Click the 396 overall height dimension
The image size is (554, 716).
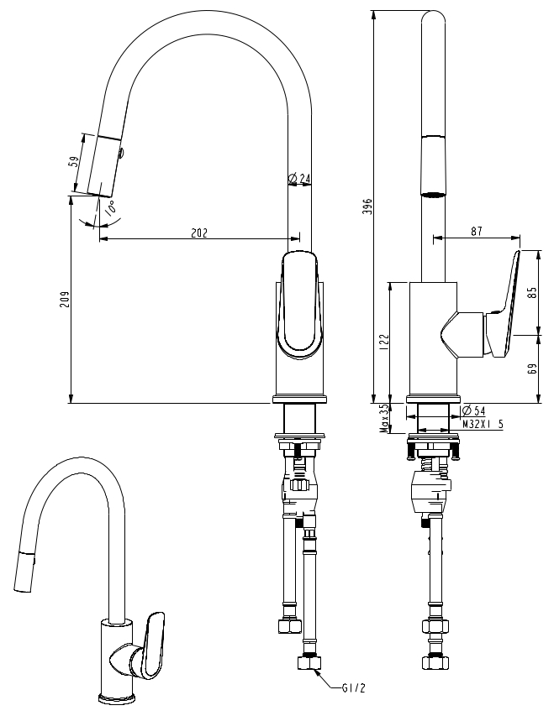pos(370,206)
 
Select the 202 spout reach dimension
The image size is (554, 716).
pos(199,233)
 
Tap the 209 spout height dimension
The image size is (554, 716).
pos(66,299)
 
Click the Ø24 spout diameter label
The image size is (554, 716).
pos(299,178)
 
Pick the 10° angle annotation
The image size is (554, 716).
pos(110,208)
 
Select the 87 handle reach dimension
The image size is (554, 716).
pos(476,231)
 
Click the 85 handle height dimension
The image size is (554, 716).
pos(532,292)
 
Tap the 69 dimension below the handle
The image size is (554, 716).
pos(532,369)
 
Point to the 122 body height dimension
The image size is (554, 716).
pos(384,342)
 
